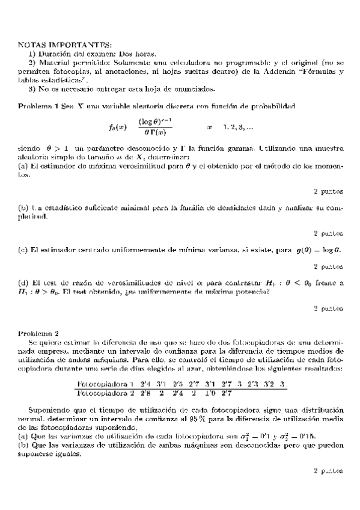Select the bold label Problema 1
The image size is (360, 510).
[x=37, y=106]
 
